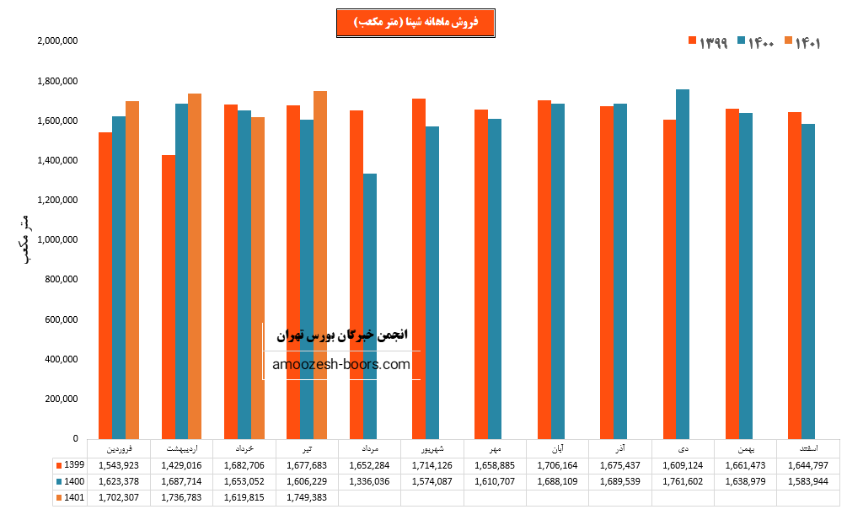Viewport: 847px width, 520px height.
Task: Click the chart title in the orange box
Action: [x=415, y=23]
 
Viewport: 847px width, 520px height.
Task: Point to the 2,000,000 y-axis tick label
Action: [x=58, y=40]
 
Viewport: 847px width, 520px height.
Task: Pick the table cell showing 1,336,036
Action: [x=369, y=481]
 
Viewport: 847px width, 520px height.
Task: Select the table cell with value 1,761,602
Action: [x=683, y=481]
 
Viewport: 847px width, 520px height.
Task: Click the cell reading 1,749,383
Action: [x=307, y=497]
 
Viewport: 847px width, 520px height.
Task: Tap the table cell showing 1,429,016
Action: [x=181, y=465]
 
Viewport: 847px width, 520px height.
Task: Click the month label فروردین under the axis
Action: [x=119, y=448]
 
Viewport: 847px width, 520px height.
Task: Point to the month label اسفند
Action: [x=807, y=448]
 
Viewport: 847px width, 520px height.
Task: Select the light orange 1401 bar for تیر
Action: [x=320, y=265]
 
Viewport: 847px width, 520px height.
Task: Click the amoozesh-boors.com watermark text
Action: [x=342, y=365]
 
